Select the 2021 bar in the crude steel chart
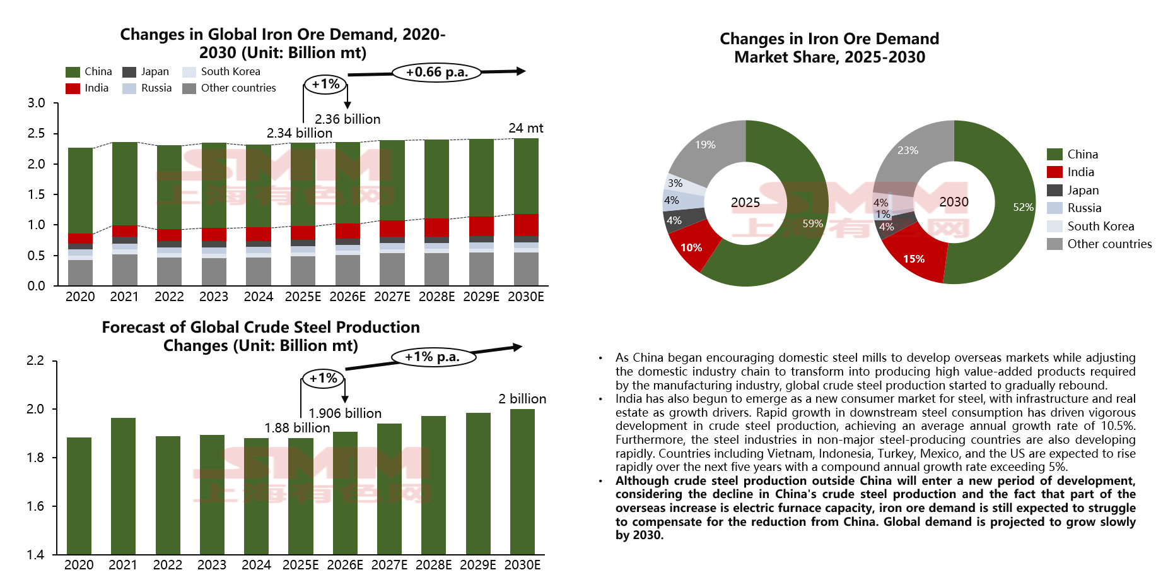click(123, 486)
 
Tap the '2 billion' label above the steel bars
click(522, 399)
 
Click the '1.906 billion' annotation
click(345, 413)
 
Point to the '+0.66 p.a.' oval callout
click(436, 73)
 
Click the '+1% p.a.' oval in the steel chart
click(432, 357)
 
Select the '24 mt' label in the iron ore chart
click(525, 128)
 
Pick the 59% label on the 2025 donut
click(812, 224)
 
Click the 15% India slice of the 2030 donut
click(914, 259)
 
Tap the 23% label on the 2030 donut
click(908, 150)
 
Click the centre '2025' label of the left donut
click(745, 203)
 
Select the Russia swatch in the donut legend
click(1054, 208)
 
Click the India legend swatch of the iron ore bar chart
click(73, 88)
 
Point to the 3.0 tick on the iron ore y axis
click(37, 103)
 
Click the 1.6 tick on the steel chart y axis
click(35, 506)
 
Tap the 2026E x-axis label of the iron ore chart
click(347, 297)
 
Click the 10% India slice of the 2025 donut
click(691, 247)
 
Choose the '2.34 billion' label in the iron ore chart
click(299, 133)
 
